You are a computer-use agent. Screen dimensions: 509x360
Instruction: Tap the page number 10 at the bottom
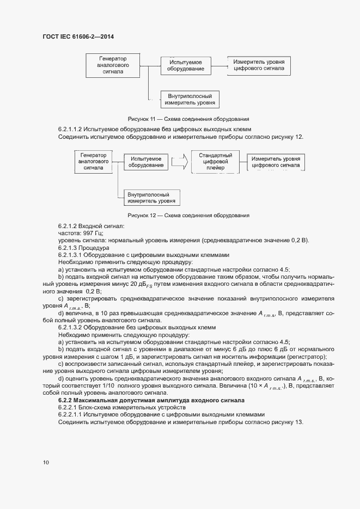coord(46,462)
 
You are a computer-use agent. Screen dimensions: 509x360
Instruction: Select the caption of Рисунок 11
coord(188,118)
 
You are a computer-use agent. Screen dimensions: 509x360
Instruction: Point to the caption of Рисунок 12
coord(188,215)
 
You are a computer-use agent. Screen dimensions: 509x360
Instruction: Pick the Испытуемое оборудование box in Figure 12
coord(145,162)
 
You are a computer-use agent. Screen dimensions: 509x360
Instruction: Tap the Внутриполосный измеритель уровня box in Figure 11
coord(190,99)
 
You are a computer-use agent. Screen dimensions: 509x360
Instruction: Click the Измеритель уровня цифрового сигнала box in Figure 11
coord(258,66)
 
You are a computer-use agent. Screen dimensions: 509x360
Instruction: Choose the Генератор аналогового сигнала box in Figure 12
coord(93,162)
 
